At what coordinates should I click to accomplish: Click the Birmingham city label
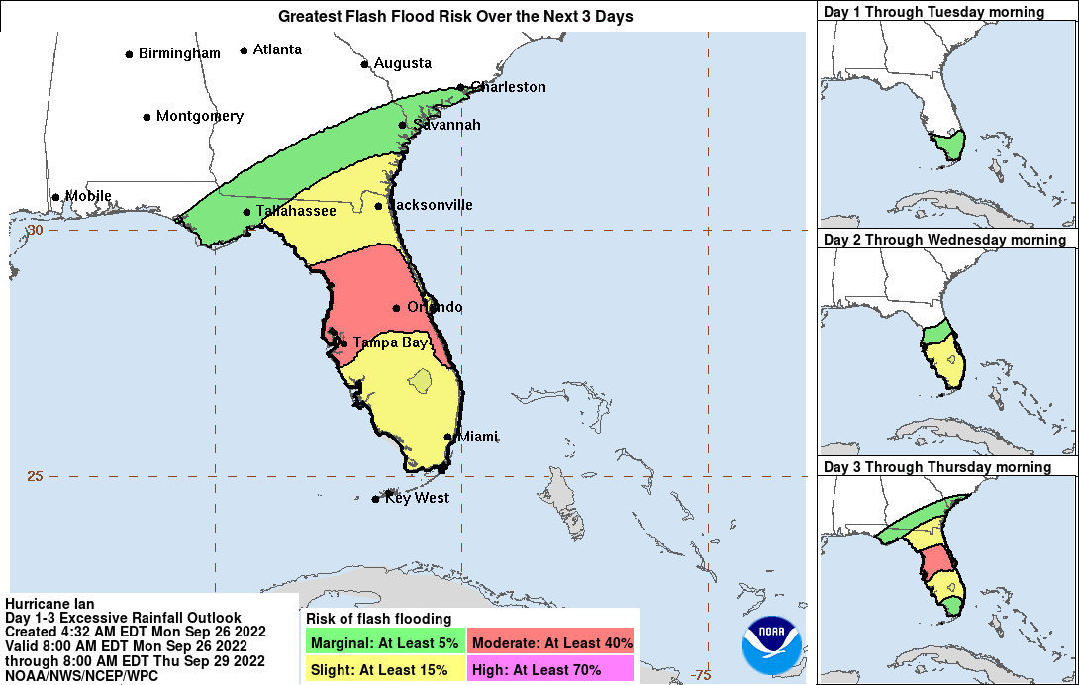pyautogui.click(x=179, y=53)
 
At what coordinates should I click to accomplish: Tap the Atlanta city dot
pyautogui.click(x=245, y=49)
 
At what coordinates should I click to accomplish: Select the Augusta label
pyautogui.click(x=402, y=63)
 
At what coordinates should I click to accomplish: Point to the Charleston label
pyautogui.click(x=508, y=87)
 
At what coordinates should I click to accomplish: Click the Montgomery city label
pyautogui.click(x=199, y=116)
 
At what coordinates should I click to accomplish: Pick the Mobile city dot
pyautogui.click(x=56, y=196)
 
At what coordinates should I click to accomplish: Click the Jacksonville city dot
pyautogui.click(x=379, y=206)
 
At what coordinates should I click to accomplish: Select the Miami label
pyautogui.click(x=477, y=437)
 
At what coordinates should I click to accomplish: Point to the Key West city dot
pyautogui.click(x=375, y=499)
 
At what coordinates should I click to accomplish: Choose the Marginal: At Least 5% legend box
pyautogui.click(x=383, y=642)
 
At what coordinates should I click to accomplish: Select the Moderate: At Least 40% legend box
pyautogui.click(x=550, y=642)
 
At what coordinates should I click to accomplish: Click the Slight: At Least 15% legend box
pyautogui.click(x=383, y=669)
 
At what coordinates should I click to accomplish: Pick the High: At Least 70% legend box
pyautogui.click(x=550, y=669)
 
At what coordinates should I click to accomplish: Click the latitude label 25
pyautogui.click(x=35, y=476)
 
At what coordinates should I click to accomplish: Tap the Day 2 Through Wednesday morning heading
pyautogui.click(x=944, y=240)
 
